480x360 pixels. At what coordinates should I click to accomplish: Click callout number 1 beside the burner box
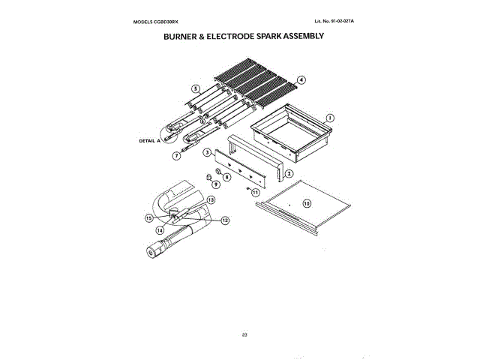[x=329, y=117]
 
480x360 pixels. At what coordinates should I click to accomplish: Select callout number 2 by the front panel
[x=287, y=173]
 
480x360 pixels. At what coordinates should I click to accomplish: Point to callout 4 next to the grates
[x=301, y=79]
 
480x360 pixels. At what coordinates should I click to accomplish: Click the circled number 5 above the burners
[x=195, y=88]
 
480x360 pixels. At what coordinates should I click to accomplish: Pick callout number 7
[x=177, y=156]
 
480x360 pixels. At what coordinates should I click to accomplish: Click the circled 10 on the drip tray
[x=306, y=202]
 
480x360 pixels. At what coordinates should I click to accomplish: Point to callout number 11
[x=256, y=193]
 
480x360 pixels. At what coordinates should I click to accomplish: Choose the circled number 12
[x=224, y=220]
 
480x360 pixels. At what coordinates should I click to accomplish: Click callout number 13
[x=211, y=200]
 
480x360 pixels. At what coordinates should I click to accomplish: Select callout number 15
[x=149, y=217]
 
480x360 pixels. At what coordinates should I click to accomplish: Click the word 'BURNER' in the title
[x=181, y=35]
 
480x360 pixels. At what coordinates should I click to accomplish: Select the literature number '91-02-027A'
[x=339, y=19]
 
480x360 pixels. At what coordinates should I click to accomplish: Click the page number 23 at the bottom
[x=244, y=334]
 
